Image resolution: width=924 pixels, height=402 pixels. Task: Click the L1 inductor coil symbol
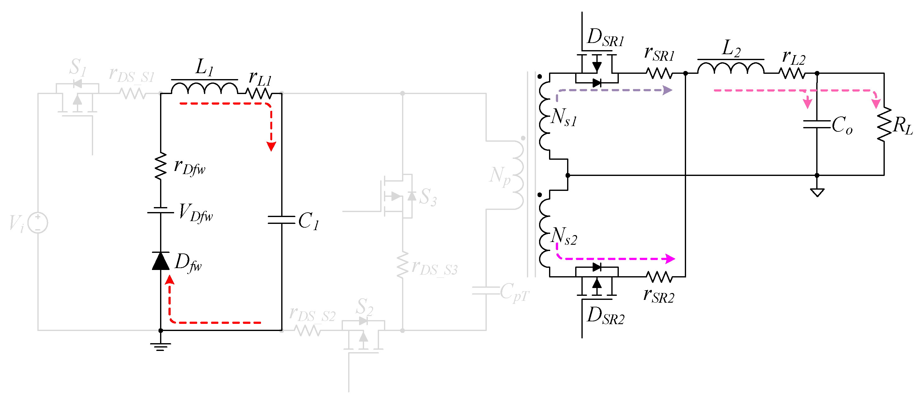pyautogui.click(x=205, y=88)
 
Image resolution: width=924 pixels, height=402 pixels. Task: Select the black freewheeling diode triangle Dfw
pyautogui.click(x=161, y=261)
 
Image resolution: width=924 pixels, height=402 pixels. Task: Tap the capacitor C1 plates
pyautogui.click(x=282, y=220)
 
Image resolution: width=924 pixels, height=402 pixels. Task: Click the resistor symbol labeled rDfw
pyautogui.click(x=160, y=166)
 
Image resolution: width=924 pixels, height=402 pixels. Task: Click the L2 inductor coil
pyautogui.click(x=730, y=68)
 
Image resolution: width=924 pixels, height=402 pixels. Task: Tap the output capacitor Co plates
pyautogui.click(x=817, y=125)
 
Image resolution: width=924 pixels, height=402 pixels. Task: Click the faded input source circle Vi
pyautogui.click(x=38, y=222)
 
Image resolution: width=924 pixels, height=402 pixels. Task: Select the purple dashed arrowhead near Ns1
pyautogui.click(x=667, y=90)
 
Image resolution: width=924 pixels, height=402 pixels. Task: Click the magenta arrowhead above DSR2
pyautogui.click(x=670, y=258)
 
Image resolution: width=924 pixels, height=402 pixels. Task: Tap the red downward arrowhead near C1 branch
pyautogui.click(x=271, y=146)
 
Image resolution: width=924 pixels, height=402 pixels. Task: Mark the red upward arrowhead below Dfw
pyautogui.click(x=170, y=280)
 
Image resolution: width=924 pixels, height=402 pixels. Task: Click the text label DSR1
pyautogui.click(x=605, y=38)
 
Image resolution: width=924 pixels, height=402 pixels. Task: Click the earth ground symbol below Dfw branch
pyautogui.click(x=160, y=346)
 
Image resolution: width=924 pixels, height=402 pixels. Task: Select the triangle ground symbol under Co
pyautogui.click(x=817, y=192)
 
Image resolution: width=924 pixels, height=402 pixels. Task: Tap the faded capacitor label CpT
pyautogui.click(x=514, y=292)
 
